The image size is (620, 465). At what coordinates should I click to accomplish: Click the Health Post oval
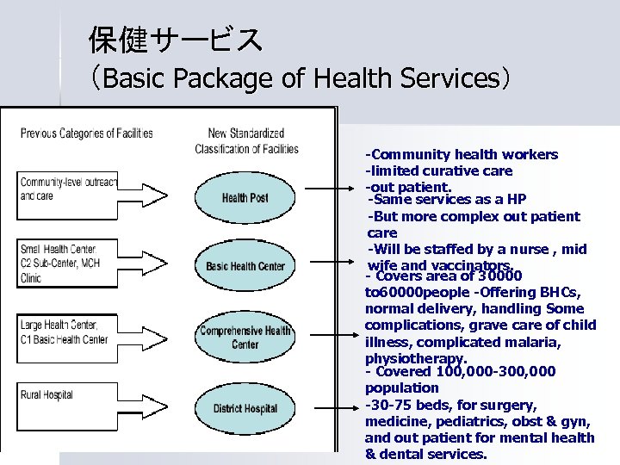[x=245, y=197]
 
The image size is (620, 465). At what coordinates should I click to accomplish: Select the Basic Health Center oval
[x=245, y=265]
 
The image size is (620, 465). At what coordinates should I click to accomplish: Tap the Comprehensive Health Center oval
[x=245, y=337]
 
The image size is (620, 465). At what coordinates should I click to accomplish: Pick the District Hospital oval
[x=245, y=407]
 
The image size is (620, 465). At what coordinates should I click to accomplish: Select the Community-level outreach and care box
[x=66, y=189]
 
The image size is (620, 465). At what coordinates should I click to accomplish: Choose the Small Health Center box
[x=66, y=263]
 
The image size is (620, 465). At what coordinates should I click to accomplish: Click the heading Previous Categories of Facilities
[x=86, y=133]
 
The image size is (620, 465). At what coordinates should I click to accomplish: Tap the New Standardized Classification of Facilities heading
[x=246, y=140]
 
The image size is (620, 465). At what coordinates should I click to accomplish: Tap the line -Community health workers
[x=462, y=155]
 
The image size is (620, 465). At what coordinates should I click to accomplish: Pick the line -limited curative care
[x=438, y=171]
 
